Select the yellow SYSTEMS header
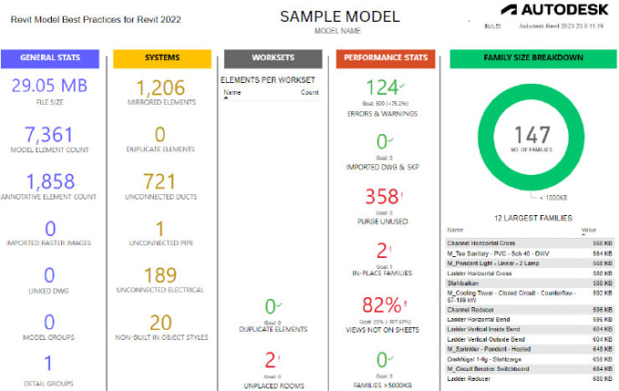(162, 58)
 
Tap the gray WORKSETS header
(272, 58)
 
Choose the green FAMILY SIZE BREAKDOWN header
(532, 58)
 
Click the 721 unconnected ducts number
(162, 182)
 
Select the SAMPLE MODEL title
(326, 15)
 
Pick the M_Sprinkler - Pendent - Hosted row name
(491, 347)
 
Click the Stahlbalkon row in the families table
(465, 283)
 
